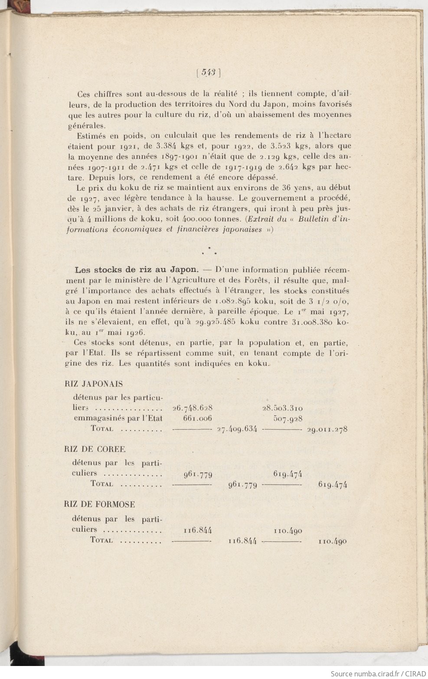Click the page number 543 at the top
click(209, 73)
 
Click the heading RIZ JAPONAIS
click(93, 384)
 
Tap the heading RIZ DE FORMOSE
click(99, 504)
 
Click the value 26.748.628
click(192, 408)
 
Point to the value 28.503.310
click(282, 408)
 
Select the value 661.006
click(197, 418)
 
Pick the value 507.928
click(288, 419)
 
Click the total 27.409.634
click(237, 429)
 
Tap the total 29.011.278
click(327, 430)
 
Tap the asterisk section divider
click(209, 250)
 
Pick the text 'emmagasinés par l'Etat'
click(118, 418)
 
